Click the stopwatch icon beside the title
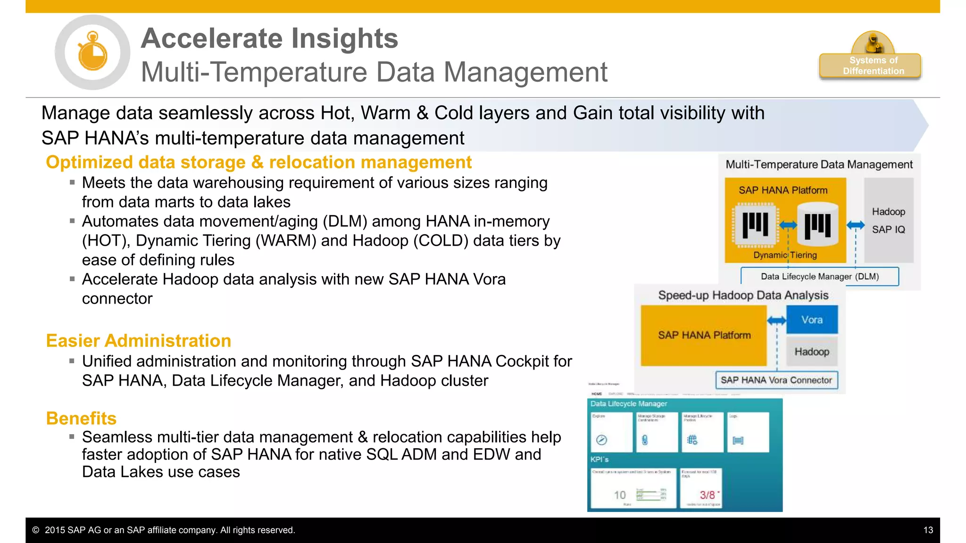92,52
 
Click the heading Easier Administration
138,341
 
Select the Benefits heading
81,419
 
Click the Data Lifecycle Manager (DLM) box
819,277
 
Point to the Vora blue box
812,320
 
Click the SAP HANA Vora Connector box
776,380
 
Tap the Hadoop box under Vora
812,352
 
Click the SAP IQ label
888,230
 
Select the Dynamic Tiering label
785,255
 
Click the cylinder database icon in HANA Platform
817,224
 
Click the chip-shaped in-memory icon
755,224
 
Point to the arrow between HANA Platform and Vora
776,321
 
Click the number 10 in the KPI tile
619,495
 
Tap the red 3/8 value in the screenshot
707,495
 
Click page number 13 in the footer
928,530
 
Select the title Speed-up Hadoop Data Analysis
743,296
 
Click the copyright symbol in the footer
36,530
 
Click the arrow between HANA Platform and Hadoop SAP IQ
855,225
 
